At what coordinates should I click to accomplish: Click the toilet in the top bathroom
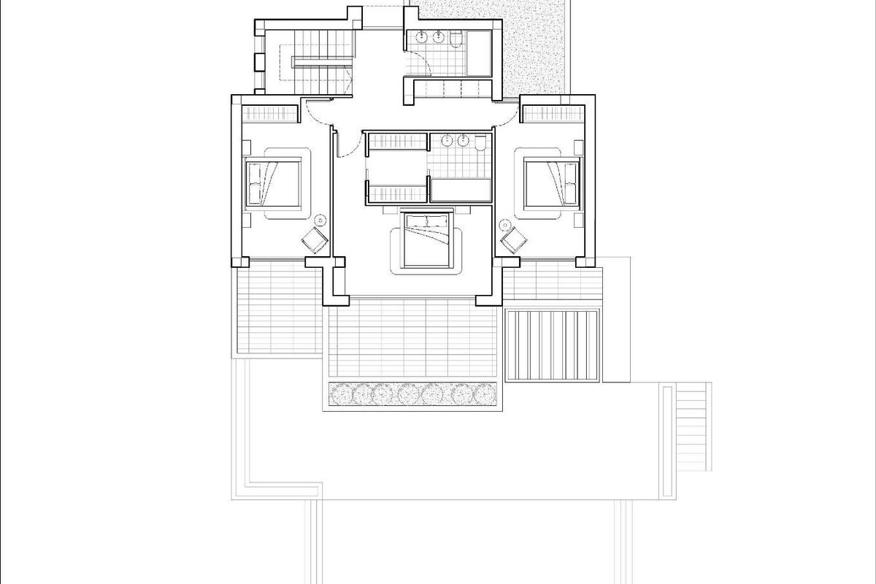(x=456, y=39)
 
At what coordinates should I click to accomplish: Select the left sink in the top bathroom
(x=421, y=37)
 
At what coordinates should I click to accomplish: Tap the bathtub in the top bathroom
(x=480, y=53)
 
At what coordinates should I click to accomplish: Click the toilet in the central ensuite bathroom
(x=480, y=144)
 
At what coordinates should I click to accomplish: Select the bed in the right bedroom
(x=553, y=182)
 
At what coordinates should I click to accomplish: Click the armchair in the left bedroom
(x=315, y=239)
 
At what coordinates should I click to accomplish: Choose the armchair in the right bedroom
(x=513, y=239)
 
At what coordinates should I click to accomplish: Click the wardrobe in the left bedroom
(x=271, y=114)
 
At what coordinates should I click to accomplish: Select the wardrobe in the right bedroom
(x=553, y=114)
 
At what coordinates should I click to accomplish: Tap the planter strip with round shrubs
(x=412, y=395)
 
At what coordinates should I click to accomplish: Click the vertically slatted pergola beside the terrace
(x=553, y=345)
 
